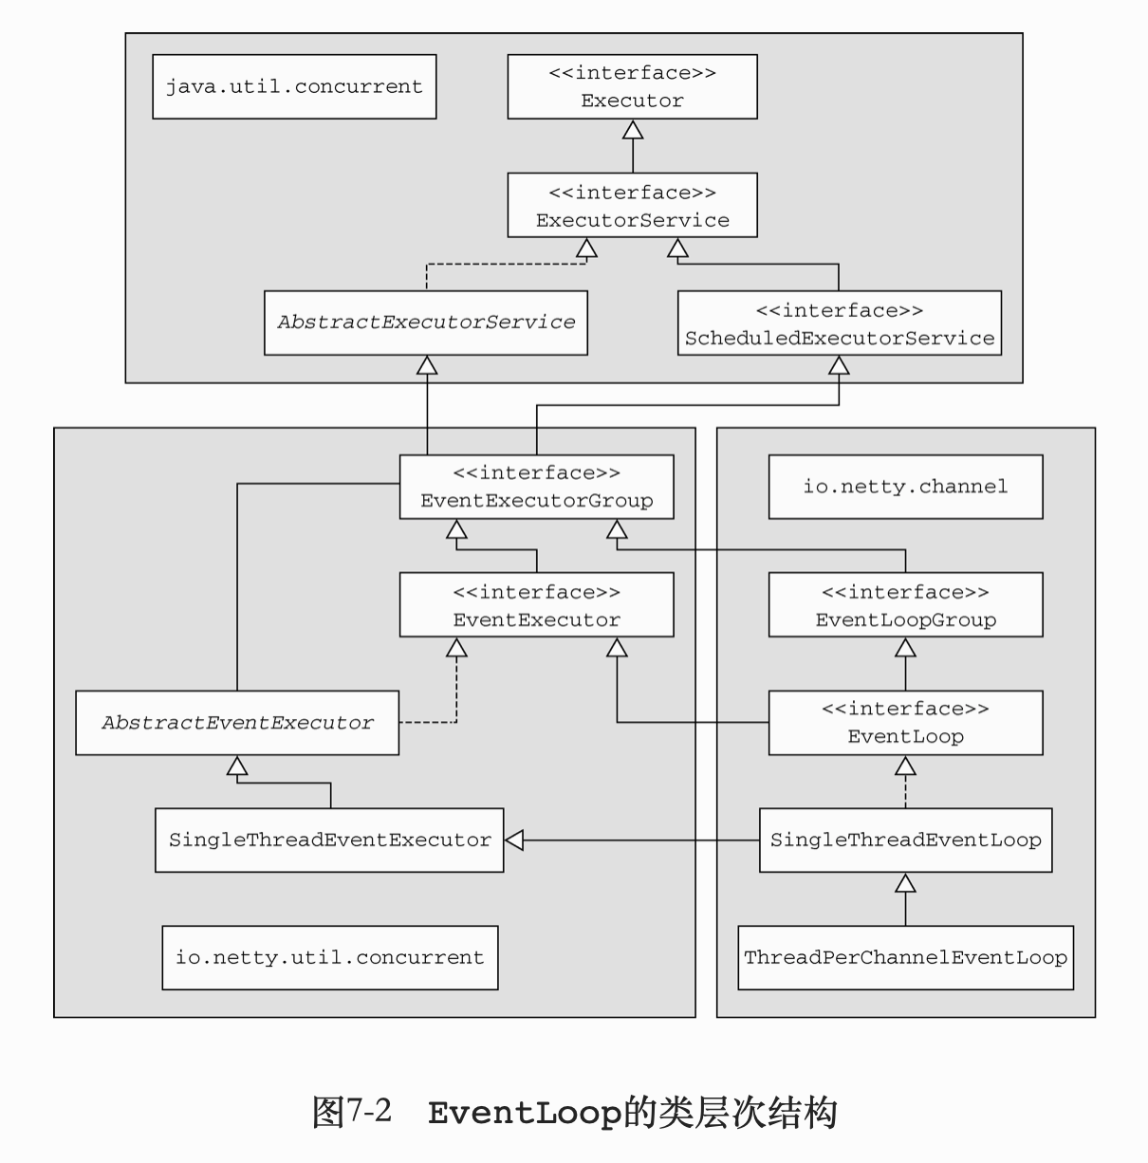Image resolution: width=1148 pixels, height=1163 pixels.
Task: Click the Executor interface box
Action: click(632, 86)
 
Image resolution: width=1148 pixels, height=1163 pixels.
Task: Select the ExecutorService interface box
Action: click(632, 205)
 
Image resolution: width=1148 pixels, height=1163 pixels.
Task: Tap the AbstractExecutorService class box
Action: click(426, 323)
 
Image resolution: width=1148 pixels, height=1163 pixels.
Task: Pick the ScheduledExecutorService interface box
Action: click(839, 323)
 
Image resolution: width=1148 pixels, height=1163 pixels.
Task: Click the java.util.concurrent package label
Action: click(294, 86)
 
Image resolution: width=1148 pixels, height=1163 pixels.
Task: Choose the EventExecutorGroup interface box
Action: click(536, 487)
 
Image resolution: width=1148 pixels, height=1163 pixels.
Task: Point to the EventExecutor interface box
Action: click(536, 605)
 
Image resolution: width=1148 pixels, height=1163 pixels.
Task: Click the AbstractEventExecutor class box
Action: click(237, 723)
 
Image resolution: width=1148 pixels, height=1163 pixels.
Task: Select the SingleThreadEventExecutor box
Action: click(329, 840)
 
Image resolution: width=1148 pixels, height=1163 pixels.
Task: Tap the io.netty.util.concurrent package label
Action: click(329, 957)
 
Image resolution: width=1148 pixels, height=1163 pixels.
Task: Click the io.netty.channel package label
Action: click(905, 487)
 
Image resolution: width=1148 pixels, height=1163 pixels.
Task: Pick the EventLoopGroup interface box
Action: click(905, 605)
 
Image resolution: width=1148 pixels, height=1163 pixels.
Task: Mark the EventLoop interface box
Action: click(905, 723)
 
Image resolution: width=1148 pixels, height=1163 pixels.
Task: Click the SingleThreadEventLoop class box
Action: click(905, 840)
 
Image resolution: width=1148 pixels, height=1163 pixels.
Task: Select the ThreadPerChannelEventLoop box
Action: click(905, 957)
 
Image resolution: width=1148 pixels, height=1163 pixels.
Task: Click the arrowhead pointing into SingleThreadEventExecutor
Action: click(514, 840)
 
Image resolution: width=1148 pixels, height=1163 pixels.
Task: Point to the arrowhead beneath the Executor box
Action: click(632, 130)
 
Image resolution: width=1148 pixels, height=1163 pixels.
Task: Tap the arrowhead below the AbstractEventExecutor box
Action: click(237, 766)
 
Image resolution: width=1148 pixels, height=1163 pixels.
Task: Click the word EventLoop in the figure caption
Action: click(525, 1112)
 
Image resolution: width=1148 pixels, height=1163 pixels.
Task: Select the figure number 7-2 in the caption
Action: click(368, 1111)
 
